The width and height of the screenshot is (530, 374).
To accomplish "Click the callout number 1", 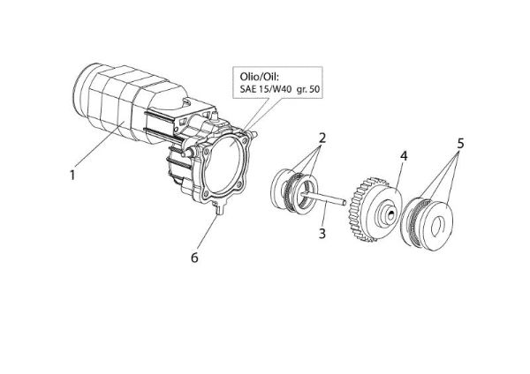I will tap(72, 175).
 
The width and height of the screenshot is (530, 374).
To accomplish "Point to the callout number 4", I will tap(402, 156).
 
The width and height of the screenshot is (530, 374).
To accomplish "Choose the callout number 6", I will tap(195, 258).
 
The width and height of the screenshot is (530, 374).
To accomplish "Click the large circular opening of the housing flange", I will tap(226, 161).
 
